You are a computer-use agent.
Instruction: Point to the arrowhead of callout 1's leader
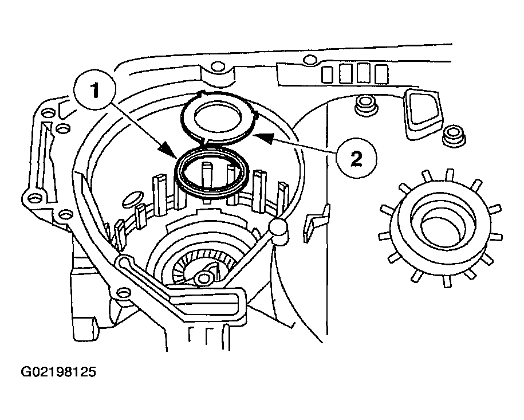point(175,155)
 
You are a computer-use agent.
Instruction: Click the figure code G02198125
point(58,372)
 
